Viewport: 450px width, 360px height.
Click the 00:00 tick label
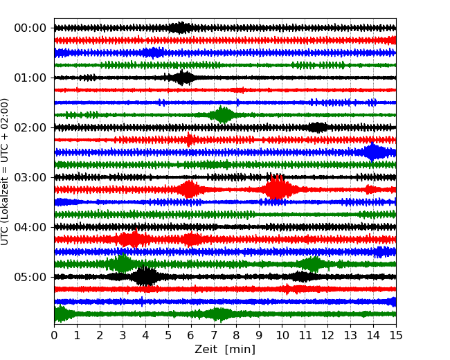(30, 28)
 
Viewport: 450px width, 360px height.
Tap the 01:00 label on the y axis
(30, 78)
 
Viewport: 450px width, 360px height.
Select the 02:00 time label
(30, 127)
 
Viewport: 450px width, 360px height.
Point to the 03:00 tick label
(30, 177)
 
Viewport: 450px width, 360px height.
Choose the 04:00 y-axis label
(30, 227)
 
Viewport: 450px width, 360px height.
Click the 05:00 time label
(30, 277)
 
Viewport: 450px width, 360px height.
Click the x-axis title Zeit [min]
(225, 350)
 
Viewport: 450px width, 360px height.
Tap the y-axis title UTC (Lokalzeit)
(6, 171)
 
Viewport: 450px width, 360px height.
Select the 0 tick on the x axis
(54, 336)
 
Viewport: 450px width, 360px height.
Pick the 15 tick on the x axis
(396, 336)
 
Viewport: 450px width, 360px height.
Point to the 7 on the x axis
(214, 336)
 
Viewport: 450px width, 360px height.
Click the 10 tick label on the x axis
(282, 336)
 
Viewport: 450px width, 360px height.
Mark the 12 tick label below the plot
(327, 336)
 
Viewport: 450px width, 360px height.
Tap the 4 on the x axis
(145, 336)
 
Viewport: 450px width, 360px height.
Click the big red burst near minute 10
(277, 189)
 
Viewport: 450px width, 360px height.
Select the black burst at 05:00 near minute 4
(145, 277)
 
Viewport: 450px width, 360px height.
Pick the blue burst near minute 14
(373, 152)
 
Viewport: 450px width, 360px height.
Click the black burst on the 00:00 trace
(181, 28)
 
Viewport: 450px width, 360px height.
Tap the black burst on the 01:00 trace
(183, 78)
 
